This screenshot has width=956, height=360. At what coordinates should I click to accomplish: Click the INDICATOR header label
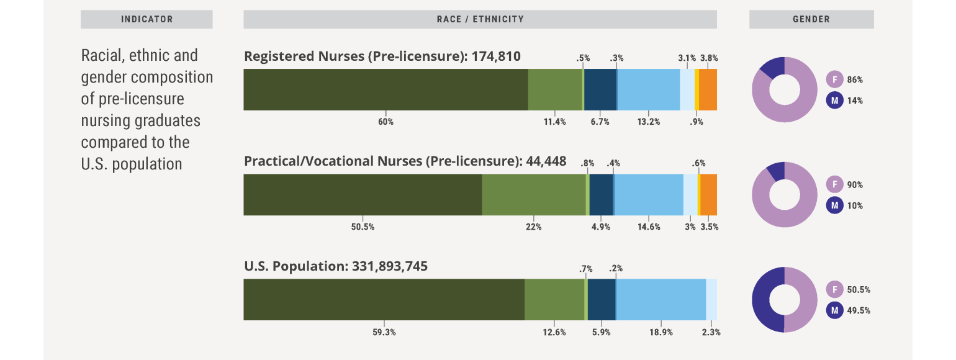click(x=147, y=19)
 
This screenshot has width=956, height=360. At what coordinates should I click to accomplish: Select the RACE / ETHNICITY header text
click(x=480, y=19)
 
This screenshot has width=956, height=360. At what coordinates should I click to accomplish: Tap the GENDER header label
click(x=811, y=19)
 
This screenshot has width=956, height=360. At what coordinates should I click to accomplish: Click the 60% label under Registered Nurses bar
click(x=386, y=122)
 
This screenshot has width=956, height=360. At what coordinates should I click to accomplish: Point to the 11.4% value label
click(x=555, y=122)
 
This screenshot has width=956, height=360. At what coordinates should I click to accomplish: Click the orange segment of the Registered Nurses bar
click(x=708, y=90)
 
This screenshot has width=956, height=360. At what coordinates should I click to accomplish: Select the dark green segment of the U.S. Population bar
click(x=384, y=300)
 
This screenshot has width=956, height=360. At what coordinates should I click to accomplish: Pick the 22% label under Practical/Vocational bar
click(x=534, y=227)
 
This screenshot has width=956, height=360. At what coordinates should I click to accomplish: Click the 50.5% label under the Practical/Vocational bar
click(x=363, y=227)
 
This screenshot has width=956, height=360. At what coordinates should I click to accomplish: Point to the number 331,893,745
click(x=390, y=266)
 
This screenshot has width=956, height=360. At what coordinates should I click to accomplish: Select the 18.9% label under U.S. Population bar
click(x=661, y=332)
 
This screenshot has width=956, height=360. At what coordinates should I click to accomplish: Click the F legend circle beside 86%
click(x=834, y=79)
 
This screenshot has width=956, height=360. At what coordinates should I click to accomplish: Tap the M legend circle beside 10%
click(x=834, y=205)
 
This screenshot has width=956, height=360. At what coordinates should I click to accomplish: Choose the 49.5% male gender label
click(x=859, y=310)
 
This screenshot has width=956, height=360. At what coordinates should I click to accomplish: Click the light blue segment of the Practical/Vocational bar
click(x=649, y=195)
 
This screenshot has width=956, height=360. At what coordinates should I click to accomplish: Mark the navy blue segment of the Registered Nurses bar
click(x=600, y=90)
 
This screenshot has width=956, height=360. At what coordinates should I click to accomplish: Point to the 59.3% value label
click(x=384, y=332)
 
